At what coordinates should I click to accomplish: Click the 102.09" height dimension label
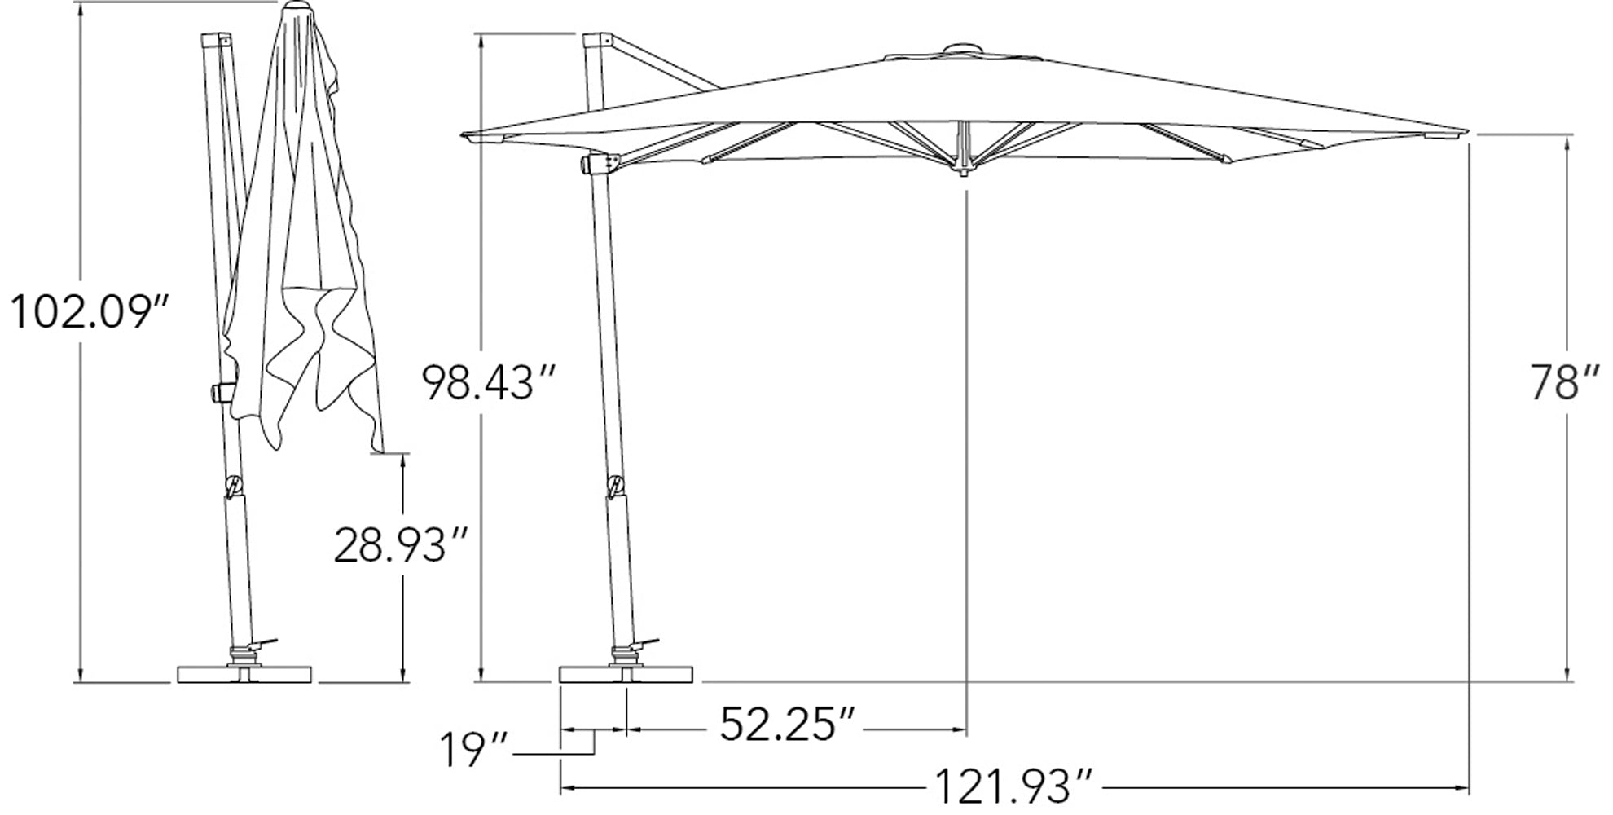90,313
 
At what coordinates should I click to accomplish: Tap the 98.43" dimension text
489,382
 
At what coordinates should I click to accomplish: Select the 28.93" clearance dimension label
402,545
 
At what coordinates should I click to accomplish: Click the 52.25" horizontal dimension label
788,724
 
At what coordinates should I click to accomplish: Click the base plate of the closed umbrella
245,675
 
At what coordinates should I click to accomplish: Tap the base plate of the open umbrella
626,675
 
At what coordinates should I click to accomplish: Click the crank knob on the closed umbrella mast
219,392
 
